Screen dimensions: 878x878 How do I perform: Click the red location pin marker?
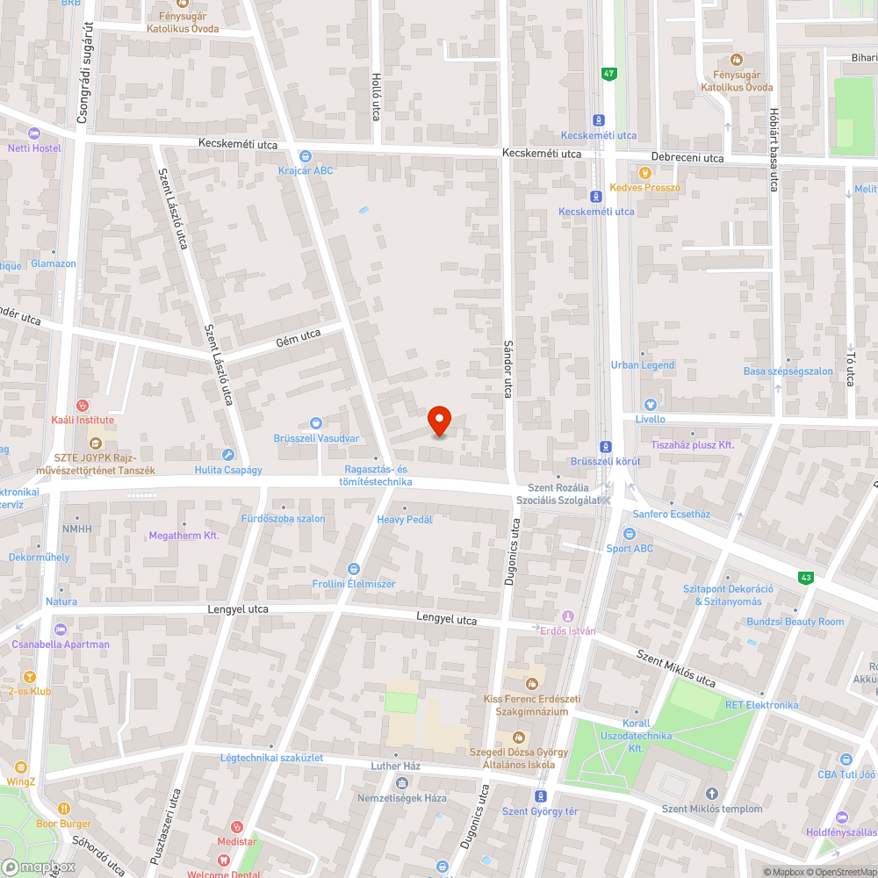point(439,421)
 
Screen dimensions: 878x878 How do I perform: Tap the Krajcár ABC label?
point(306,170)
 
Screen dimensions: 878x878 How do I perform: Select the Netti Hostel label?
point(34,148)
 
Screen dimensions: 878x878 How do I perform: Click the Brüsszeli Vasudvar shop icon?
point(316,423)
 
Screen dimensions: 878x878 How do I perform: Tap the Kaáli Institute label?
point(83,420)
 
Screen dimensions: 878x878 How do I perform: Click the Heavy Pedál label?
point(405,520)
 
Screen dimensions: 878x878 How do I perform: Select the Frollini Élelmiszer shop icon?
point(354,569)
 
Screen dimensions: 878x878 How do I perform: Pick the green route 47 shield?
point(608,74)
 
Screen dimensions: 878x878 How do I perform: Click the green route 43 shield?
point(804,577)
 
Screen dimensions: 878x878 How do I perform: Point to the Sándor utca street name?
point(507,369)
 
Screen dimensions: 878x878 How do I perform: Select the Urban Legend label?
point(643,365)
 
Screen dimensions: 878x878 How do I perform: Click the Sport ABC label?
point(630,549)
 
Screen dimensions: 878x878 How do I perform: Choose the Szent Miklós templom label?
point(712,809)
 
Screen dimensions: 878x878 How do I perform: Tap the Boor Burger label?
point(63,824)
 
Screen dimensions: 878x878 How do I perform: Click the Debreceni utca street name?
point(687,158)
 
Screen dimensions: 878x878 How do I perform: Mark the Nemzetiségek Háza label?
point(402,797)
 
